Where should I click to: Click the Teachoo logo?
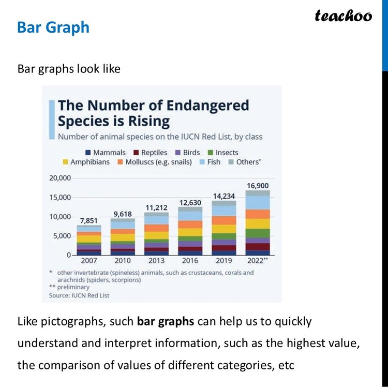[x=344, y=16]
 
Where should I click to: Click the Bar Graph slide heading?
[x=53, y=27]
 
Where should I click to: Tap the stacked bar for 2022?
[x=258, y=223]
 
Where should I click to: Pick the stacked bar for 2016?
[x=190, y=231]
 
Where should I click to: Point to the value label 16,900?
[x=258, y=185]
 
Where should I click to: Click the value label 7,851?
[x=89, y=220]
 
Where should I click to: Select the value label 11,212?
[x=156, y=207]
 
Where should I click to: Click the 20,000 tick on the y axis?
[x=59, y=178]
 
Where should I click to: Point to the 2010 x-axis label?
[x=123, y=260]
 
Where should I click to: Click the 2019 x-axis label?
[x=223, y=260]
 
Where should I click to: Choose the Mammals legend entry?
[x=106, y=153]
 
